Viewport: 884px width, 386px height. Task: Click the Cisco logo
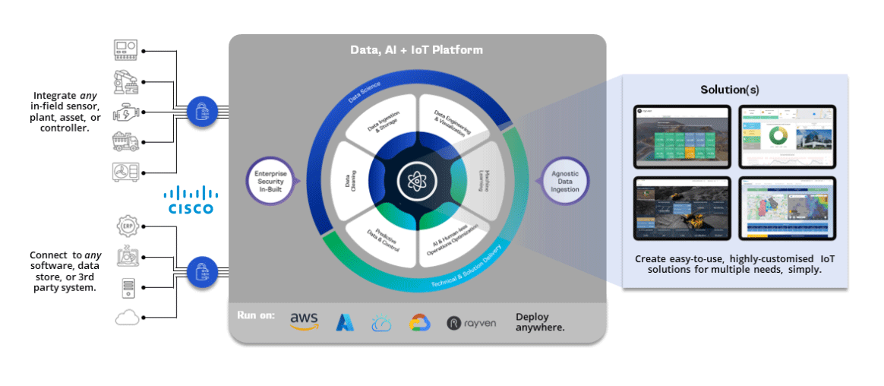pos(191,200)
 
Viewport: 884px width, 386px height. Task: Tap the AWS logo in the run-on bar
pos(304,322)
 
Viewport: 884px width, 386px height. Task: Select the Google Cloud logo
pos(420,323)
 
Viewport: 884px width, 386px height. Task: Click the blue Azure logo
pos(345,323)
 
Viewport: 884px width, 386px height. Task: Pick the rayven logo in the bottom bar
pos(472,323)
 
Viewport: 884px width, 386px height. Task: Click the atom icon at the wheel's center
pos(416,182)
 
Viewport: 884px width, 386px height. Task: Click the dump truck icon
pos(125,141)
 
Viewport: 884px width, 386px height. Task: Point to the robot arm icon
pos(125,81)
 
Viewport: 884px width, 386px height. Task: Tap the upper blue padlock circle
pos(201,111)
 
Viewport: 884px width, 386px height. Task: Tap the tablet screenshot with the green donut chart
pos(786,137)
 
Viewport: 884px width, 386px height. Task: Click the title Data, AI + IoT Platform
pos(416,50)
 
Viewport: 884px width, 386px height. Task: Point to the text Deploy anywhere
pos(540,323)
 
